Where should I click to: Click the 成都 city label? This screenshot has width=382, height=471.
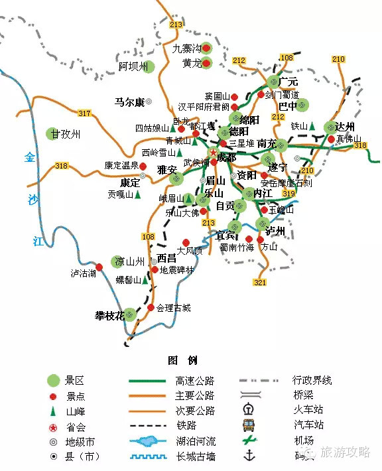click(226, 157)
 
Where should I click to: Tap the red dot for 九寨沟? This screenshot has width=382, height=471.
click(206, 48)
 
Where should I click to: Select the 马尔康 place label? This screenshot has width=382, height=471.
click(129, 102)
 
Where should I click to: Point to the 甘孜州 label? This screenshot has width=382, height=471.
click(66, 134)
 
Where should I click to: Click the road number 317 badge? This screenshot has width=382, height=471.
click(84, 113)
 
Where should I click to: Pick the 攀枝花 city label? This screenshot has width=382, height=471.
click(109, 316)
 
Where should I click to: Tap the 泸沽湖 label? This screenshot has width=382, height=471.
click(84, 273)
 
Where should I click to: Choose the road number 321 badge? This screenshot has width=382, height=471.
click(259, 283)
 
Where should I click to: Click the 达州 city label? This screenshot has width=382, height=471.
click(345, 127)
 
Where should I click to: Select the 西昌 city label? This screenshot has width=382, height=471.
click(166, 259)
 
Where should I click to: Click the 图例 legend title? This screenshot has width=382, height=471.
click(183, 360)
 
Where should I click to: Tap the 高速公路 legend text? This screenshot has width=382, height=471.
click(195, 381)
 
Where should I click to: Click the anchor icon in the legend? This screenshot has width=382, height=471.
click(250, 454)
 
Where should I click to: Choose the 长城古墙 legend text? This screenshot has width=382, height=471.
click(195, 456)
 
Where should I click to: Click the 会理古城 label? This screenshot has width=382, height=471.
click(174, 308)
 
